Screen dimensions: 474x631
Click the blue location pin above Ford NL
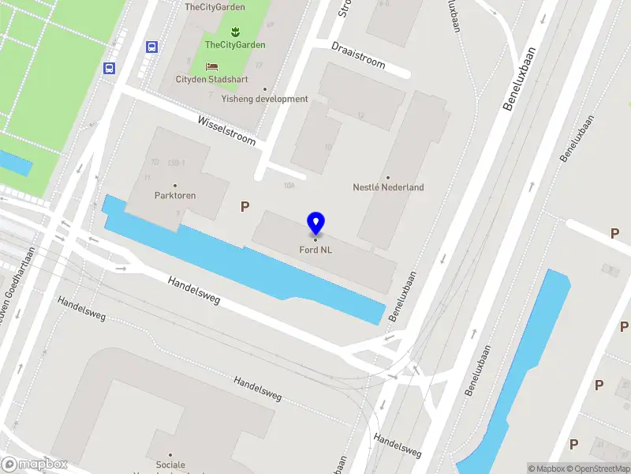[315, 224]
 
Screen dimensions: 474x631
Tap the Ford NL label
[315, 250]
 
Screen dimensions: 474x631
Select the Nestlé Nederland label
[388, 187]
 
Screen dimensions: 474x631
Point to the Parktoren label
[175, 195]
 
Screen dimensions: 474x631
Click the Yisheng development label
[264, 99]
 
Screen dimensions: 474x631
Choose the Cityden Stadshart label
[211, 80]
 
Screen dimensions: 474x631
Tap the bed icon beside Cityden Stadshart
[211, 66]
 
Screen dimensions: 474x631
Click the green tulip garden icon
[233, 32]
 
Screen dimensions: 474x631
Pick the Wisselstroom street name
[227, 129]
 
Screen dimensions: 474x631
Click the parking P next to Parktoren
[245, 207]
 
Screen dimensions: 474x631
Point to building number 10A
[289, 186]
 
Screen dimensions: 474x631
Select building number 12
[361, 116]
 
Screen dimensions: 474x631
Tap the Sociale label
[170, 465]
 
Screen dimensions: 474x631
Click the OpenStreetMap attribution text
[599, 468]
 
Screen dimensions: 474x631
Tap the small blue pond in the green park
[15, 163]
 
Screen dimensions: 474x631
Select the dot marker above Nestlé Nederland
[388, 177]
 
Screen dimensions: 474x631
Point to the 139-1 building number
[176, 163]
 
